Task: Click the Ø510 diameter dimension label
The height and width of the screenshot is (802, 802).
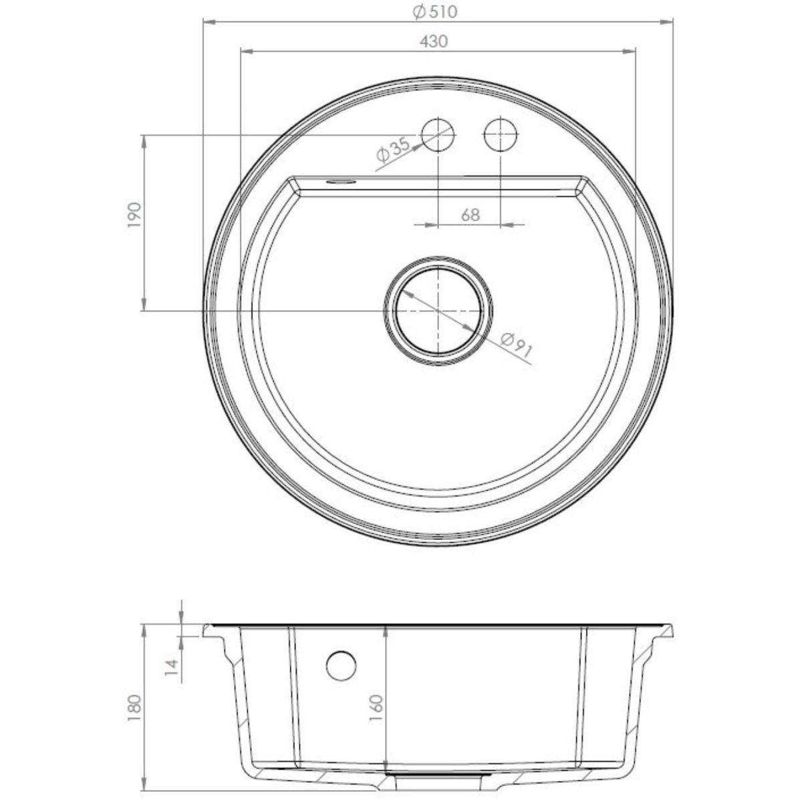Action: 435,12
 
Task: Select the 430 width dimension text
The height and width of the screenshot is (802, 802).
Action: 434,41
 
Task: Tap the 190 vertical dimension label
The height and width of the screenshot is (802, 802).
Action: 135,215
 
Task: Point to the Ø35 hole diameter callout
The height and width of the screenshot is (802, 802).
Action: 392,150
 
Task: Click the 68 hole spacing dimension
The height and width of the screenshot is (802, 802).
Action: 471,215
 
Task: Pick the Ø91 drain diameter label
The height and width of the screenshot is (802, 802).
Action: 517,345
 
